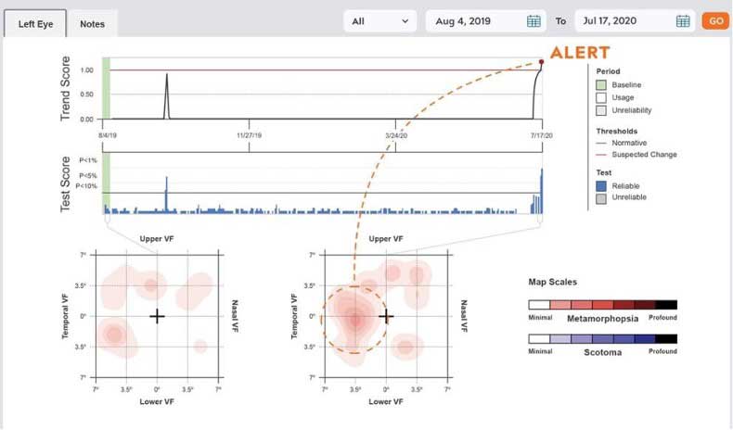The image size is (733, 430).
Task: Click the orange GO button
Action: (714, 20)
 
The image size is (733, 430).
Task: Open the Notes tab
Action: (92, 22)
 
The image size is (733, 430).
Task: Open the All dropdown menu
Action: (380, 20)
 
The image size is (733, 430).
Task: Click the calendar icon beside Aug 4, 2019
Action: (534, 21)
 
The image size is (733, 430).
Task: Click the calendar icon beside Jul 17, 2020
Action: (683, 21)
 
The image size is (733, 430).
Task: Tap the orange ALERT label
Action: (580, 53)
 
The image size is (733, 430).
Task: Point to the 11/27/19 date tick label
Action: (250, 135)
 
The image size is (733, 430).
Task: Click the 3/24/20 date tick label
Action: (396, 135)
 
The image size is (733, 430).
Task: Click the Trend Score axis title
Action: (66, 88)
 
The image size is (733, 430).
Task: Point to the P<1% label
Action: (88, 160)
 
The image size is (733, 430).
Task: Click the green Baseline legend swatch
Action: (600, 85)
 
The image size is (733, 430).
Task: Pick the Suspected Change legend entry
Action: (643, 155)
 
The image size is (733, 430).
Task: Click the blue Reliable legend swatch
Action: (600, 185)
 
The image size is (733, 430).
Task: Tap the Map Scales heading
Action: (552, 282)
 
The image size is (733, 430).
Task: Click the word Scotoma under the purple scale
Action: (602, 352)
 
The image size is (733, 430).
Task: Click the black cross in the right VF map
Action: (386, 316)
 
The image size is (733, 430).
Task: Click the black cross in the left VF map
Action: (157, 316)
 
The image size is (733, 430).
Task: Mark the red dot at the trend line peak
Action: (541, 62)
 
